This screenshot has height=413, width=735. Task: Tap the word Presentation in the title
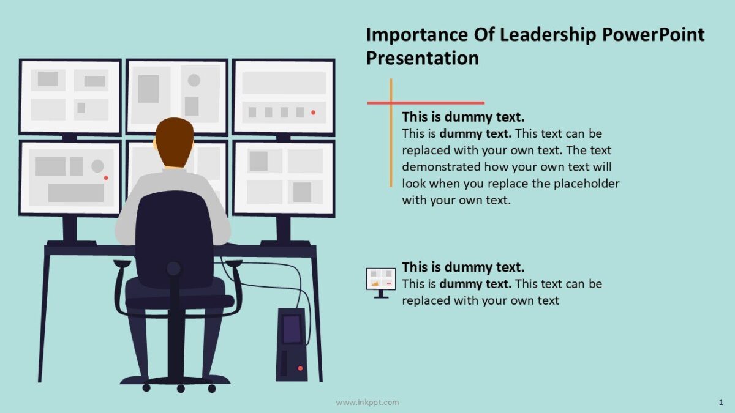422,58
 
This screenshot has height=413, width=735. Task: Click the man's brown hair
174,138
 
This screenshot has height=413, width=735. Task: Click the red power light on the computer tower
300,368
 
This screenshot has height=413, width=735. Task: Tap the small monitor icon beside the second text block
381,281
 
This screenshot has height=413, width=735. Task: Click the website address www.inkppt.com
367,402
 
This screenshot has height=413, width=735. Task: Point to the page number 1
721,402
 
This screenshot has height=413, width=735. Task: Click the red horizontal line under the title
429,103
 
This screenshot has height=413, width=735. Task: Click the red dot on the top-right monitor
313,113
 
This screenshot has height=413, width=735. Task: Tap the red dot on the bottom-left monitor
106,177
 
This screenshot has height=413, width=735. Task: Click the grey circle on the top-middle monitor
194,80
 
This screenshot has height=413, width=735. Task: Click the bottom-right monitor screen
284,177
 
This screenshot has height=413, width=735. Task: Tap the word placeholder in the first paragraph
587,184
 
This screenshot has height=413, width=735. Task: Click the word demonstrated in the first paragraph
441,167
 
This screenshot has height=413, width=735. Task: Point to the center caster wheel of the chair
181,388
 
